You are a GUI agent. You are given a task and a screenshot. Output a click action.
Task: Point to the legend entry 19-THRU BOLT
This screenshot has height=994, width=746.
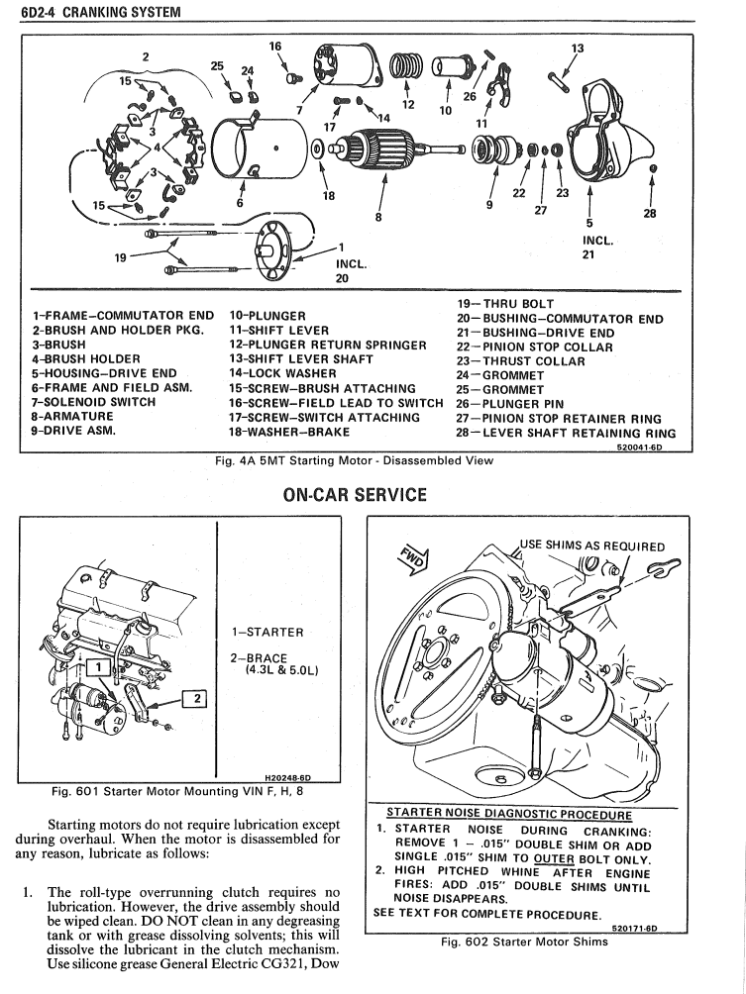505,304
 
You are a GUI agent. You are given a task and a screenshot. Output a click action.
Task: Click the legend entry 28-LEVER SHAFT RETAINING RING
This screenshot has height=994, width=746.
566,432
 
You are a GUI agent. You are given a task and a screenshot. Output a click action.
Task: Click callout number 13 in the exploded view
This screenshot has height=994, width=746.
578,48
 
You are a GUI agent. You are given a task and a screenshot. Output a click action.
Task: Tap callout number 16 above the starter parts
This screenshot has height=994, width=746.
275,46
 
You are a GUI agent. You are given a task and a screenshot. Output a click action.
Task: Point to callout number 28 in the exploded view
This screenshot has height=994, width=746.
651,223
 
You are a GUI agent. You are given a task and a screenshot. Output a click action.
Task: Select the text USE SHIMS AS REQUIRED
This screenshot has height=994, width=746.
591,547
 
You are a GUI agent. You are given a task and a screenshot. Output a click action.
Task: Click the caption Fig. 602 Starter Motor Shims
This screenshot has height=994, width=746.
524,942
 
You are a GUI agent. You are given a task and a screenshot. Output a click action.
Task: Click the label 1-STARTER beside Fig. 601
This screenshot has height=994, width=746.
267,632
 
